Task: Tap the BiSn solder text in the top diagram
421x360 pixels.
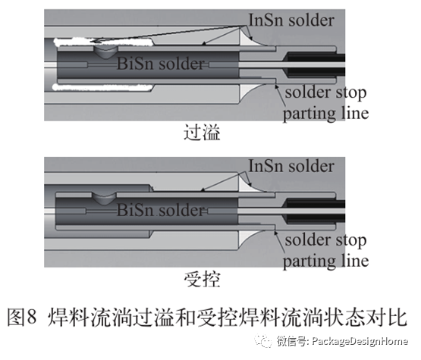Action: tap(161, 65)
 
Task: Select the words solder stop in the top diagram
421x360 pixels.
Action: tap(325, 94)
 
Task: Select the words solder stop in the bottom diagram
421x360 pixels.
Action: tap(325, 242)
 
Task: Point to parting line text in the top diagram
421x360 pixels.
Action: tap(325, 114)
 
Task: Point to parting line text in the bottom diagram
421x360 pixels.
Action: tap(325, 261)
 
